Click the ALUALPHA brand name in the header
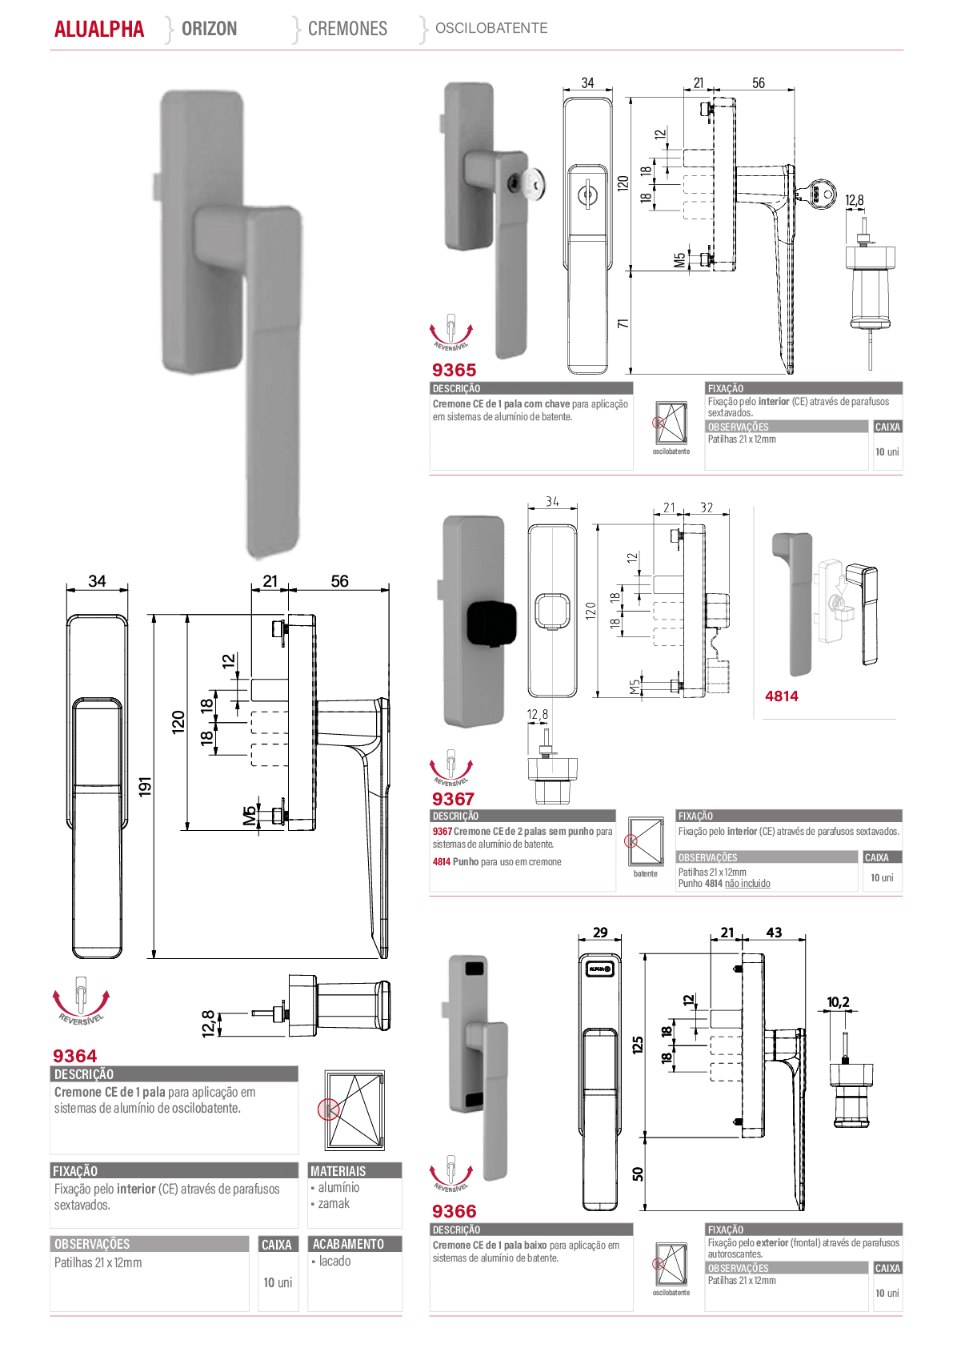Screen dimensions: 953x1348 (x=99, y=29)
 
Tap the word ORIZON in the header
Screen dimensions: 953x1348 (x=210, y=28)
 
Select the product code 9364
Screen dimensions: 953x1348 (x=74, y=1056)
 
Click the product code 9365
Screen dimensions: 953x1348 (x=454, y=370)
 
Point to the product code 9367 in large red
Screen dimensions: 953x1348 (x=453, y=799)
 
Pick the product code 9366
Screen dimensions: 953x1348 (x=454, y=1211)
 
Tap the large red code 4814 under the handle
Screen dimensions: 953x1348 (x=782, y=696)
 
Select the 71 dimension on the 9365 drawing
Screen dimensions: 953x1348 (x=623, y=323)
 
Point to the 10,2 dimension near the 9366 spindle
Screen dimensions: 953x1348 (x=838, y=1002)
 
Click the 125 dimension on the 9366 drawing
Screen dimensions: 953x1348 (x=638, y=1045)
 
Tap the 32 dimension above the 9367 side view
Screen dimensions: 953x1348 (x=707, y=508)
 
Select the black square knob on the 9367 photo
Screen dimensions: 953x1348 (x=492, y=623)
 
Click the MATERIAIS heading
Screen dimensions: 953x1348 (x=338, y=1171)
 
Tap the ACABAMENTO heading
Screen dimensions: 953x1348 (x=348, y=1244)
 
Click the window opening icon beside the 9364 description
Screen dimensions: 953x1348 (x=354, y=1110)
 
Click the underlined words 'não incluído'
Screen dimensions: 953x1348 (x=747, y=884)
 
